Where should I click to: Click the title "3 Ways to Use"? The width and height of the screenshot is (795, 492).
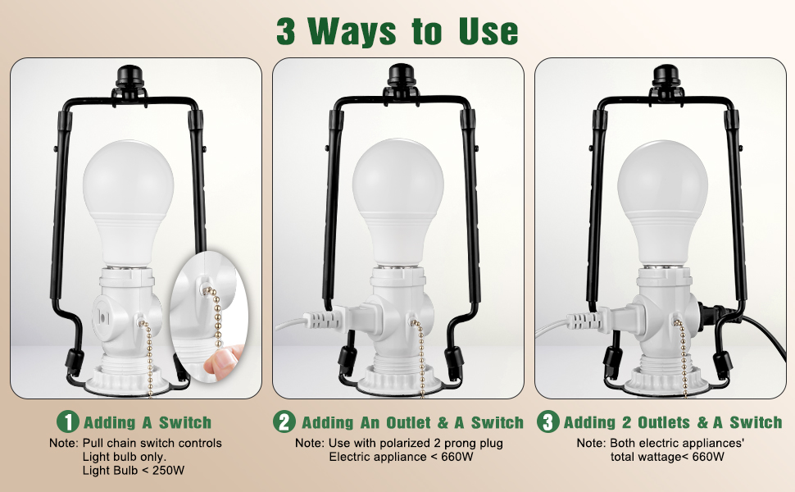coord(397,30)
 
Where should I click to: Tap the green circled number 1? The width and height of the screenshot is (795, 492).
coord(68,422)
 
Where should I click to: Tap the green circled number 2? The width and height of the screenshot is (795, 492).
coord(284,422)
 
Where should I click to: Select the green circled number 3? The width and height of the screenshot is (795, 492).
coord(548,422)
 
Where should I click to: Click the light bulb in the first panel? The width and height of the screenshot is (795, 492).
coord(128,197)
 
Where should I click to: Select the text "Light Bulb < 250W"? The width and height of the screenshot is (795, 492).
coord(133,470)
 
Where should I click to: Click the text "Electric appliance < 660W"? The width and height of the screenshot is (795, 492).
coord(401,457)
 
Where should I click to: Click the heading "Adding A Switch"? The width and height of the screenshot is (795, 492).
coord(148,423)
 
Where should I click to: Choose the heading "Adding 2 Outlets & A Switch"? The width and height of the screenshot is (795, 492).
coord(673,423)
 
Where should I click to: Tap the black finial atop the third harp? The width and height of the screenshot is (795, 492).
coord(661,79)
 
